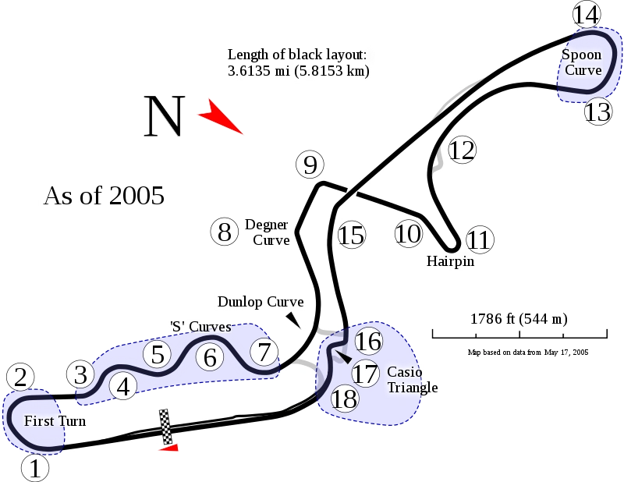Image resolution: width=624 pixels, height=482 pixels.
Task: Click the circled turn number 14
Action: (x=587, y=14)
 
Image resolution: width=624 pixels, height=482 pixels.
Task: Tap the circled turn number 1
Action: (x=35, y=468)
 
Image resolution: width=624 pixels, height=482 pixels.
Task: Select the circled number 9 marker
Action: (x=310, y=165)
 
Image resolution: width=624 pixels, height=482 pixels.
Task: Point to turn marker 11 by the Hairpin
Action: (x=480, y=239)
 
